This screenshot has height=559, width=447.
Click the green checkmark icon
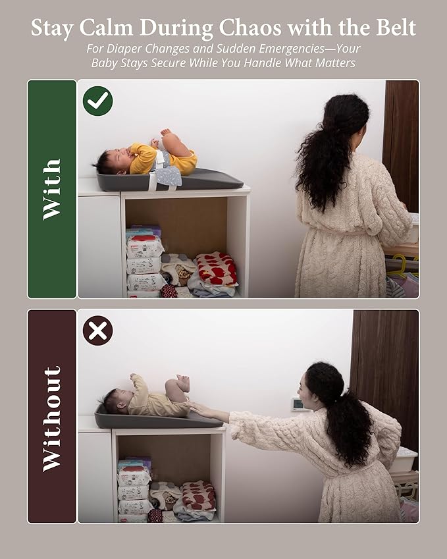click(97, 101)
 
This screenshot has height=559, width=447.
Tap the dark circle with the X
click(97, 331)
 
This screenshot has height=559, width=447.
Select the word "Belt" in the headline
click(396, 28)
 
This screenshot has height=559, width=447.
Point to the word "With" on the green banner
click(52, 190)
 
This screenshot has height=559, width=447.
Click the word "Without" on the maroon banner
click(52, 419)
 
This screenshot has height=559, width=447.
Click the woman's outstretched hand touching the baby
click(199, 409)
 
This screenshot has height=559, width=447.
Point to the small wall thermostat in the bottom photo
click(297, 404)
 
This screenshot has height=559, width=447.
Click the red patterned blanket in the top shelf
click(217, 268)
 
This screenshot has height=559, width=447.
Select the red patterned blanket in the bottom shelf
click(199, 496)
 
